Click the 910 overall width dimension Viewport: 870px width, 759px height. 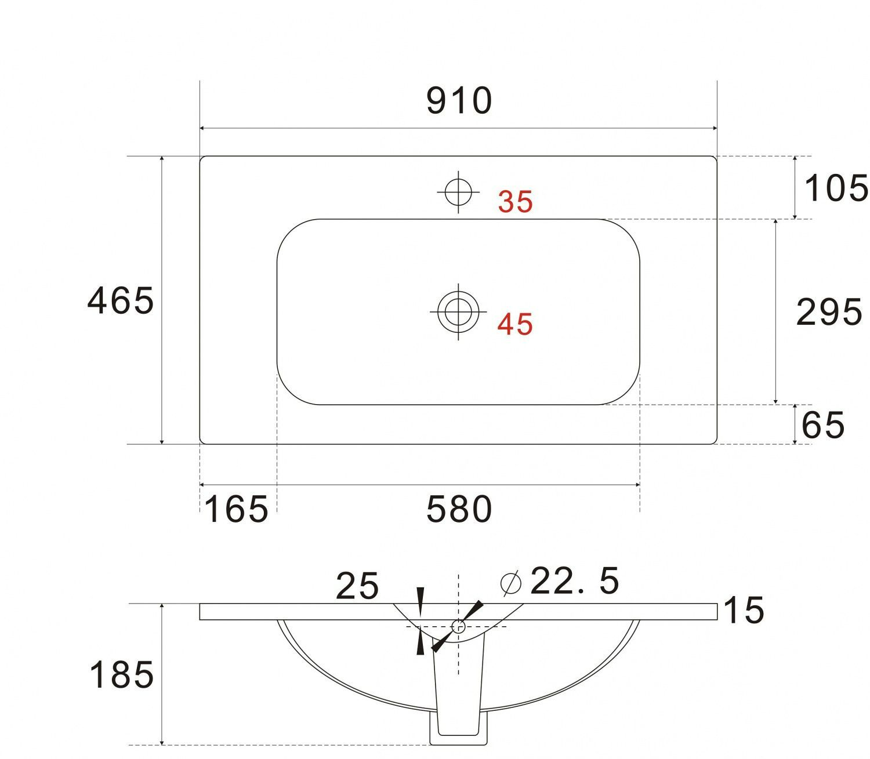[x=459, y=101]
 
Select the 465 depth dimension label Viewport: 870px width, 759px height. [x=120, y=300]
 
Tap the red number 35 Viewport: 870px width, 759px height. [x=515, y=202]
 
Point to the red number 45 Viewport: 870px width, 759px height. [x=515, y=324]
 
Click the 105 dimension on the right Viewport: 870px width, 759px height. [x=836, y=188]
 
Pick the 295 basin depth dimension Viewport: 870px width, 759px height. [x=829, y=312]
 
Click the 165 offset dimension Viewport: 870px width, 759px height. [x=237, y=509]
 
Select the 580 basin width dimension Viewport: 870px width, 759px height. [x=459, y=509]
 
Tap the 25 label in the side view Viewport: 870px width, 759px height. [x=357, y=586]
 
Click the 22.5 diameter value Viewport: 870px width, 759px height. [x=574, y=581]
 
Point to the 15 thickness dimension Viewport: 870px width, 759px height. [x=744, y=611]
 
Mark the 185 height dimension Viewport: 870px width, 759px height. [x=121, y=674]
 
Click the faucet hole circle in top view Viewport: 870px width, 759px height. [x=458, y=191]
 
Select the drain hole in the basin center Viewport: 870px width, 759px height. [x=458, y=311]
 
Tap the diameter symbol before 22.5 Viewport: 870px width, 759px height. [x=510, y=583]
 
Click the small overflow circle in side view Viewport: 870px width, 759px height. [x=458, y=626]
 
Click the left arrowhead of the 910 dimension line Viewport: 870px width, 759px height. [x=203, y=128]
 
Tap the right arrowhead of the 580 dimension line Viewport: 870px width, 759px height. [x=637, y=484]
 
